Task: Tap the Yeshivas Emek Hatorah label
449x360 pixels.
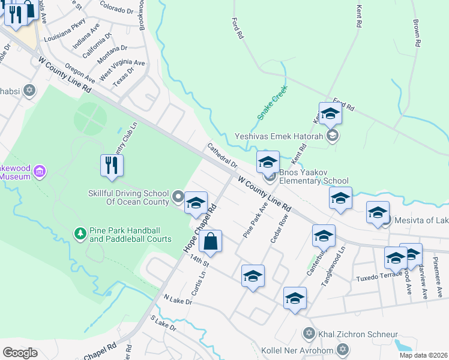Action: (279, 136)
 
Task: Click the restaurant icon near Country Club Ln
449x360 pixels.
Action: (111, 165)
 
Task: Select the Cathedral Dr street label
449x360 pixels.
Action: (222, 155)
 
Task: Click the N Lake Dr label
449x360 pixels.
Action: (178, 299)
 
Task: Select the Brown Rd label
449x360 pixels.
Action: (415, 33)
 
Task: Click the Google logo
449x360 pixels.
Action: (20, 353)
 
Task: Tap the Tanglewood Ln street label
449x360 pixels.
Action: (335, 265)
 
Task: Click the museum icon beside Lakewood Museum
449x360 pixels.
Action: (40, 172)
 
